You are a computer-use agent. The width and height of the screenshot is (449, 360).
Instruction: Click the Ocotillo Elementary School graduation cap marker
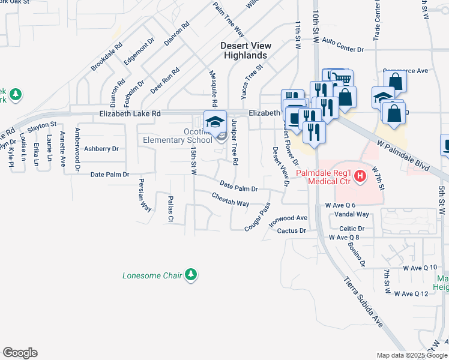[x=214, y=122]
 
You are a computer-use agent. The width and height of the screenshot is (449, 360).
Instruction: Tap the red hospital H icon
[x=360, y=176]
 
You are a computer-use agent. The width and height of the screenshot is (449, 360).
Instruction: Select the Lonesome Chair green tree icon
[x=191, y=275]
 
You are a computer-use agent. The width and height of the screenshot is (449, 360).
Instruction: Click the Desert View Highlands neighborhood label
[x=246, y=50]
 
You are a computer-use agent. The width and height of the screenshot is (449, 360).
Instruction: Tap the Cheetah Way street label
[x=231, y=200]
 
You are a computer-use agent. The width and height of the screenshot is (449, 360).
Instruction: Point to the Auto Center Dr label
[x=343, y=45]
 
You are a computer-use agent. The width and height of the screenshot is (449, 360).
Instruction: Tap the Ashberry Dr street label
[x=101, y=148]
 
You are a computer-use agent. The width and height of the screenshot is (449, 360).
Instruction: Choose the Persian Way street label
[x=145, y=195]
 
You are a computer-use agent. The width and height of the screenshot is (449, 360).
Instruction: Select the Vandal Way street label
[x=351, y=214]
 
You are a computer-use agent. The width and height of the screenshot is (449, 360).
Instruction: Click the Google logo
[x=20, y=353]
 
